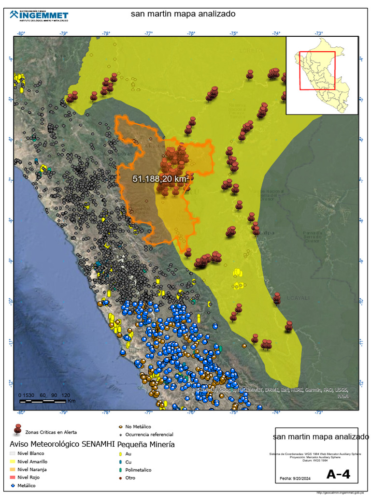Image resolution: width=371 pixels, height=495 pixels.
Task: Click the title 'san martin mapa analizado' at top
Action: (x=183, y=14)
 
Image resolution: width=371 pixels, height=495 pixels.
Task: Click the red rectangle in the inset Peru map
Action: (x=317, y=71)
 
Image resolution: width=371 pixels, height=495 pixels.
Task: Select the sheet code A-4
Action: (x=338, y=474)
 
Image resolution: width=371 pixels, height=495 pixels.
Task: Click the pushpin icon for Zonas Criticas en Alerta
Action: (x=18, y=429)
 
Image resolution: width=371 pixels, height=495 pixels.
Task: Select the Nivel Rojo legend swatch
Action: (x=13, y=477)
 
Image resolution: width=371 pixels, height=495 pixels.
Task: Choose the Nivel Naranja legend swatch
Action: (x=13, y=469)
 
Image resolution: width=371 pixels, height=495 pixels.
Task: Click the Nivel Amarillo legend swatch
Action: (x=13, y=462)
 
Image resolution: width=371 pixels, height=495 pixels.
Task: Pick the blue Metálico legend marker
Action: (x=13, y=485)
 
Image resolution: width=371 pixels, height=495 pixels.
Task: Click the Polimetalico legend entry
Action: (x=138, y=469)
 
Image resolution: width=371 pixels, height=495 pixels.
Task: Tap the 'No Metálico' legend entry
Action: (x=138, y=427)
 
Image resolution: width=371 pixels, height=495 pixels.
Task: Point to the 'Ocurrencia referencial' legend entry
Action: (x=149, y=435)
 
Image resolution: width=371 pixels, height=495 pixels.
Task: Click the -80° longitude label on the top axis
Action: (x=21, y=33)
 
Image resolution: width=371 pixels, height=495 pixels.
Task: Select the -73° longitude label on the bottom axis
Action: (x=318, y=412)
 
